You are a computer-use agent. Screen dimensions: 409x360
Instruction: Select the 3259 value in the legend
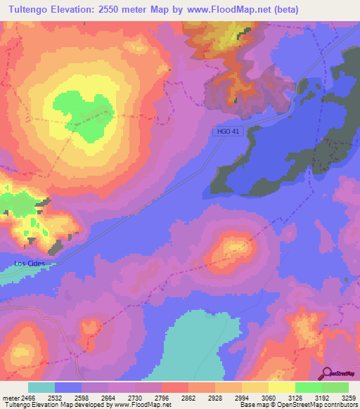click(x=347, y=398)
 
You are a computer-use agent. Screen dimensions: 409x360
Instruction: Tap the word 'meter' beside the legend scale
click(x=11, y=398)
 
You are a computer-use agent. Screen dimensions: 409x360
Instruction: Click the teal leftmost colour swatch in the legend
click(x=41, y=387)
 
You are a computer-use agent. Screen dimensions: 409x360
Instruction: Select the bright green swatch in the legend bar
click(x=308, y=387)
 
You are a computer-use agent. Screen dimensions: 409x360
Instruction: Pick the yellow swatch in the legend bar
click(x=281, y=387)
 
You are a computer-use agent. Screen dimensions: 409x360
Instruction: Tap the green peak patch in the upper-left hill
click(x=88, y=116)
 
